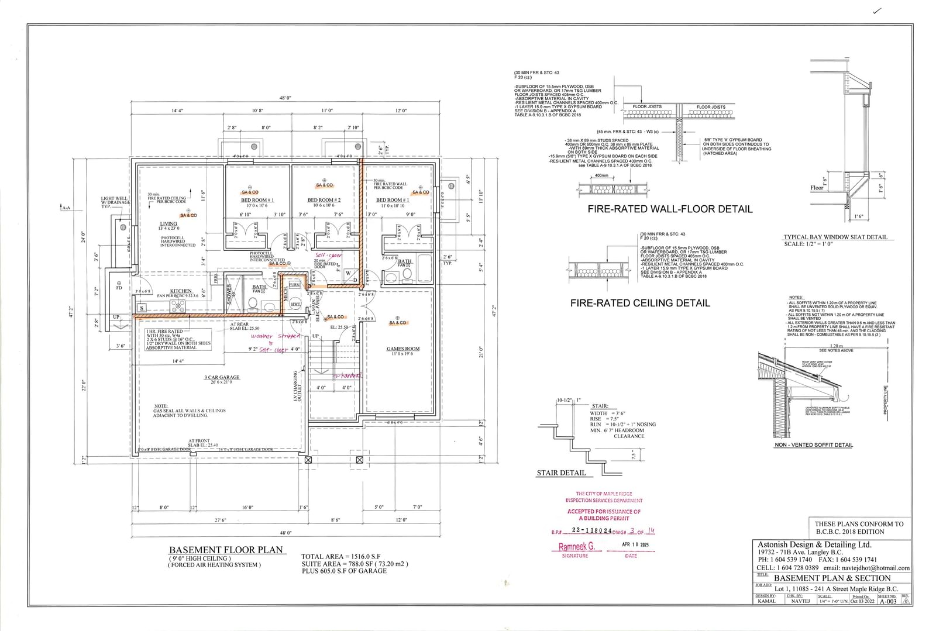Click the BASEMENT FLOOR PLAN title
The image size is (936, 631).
(x=226, y=550)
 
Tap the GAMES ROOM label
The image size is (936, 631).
(x=403, y=349)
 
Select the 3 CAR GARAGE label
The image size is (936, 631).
(x=222, y=377)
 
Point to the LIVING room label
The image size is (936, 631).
(x=168, y=223)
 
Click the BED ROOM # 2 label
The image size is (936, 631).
(x=324, y=200)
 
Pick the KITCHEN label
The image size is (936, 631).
(x=181, y=291)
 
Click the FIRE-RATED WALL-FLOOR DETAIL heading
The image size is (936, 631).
(x=670, y=209)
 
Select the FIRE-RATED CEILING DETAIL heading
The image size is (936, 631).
(x=640, y=303)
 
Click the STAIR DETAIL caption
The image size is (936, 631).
(x=561, y=473)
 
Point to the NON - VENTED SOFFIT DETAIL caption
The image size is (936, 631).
(x=813, y=445)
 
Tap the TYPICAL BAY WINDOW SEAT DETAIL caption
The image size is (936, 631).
(x=835, y=237)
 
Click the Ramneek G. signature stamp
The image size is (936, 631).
(x=576, y=547)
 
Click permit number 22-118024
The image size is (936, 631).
(x=592, y=530)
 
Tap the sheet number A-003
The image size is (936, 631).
(x=887, y=601)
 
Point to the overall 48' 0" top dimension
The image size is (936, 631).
(x=285, y=98)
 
